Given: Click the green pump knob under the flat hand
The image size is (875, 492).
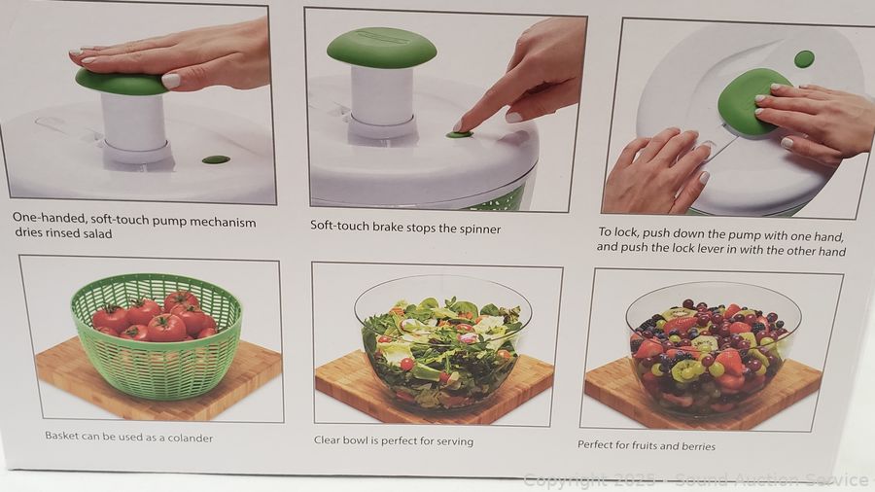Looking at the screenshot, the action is [120, 83].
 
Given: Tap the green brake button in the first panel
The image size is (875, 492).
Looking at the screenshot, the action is [216, 160].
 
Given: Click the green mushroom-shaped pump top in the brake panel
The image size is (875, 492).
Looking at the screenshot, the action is [382, 48].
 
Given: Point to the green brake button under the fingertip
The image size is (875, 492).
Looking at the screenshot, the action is [460, 134].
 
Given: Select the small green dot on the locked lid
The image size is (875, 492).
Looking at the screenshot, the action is [804, 58].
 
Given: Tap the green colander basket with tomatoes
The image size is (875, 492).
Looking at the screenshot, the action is [157, 334].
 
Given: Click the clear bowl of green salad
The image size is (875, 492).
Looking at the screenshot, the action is [442, 345].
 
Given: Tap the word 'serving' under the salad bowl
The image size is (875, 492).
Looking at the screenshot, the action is [455, 441].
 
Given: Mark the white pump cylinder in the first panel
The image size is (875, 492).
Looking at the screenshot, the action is [134, 123].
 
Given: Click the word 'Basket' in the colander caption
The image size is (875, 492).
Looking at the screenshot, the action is [62, 436].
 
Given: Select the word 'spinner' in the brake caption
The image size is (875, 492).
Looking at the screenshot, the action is [480, 229].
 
